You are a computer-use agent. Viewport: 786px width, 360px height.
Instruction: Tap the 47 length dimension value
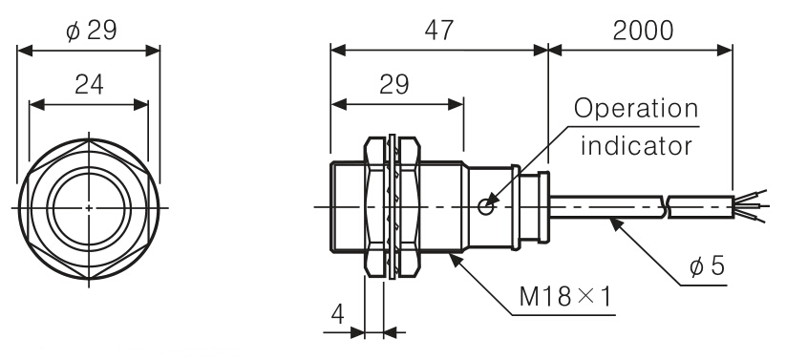point(438,31)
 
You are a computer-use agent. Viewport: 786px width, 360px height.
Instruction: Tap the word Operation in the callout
point(634,110)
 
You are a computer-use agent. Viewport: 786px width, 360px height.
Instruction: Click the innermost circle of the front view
point(88,206)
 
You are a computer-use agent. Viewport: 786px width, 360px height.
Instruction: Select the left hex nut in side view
point(374,206)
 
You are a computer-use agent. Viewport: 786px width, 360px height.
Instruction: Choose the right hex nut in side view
point(408,206)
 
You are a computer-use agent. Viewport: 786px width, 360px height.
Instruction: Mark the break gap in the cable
point(667,205)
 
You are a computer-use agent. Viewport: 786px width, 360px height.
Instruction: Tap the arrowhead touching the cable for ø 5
point(613,220)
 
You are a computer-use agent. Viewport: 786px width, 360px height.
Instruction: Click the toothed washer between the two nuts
point(392,206)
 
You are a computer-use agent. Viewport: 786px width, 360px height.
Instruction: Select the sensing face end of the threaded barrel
point(330,206)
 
